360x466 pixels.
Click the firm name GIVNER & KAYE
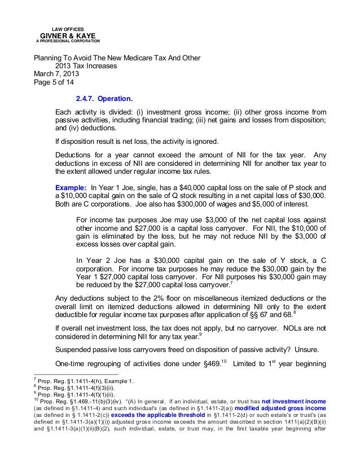pyautogui.click(x=67, y=35)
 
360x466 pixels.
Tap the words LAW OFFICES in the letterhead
pyautogui.click(x=67, y=27)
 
